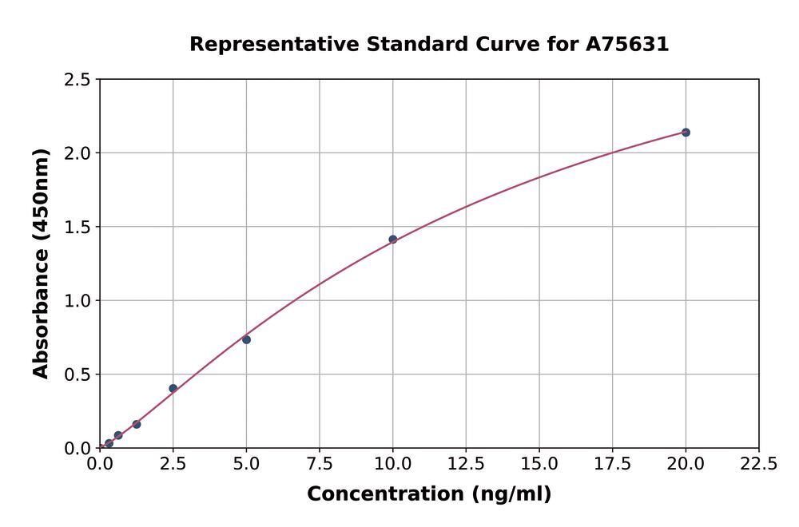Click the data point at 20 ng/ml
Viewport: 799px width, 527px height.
(x=686, y=133)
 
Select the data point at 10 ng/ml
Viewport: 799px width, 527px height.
(x=393, y=240)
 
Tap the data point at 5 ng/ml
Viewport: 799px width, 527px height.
(x=246, y=340)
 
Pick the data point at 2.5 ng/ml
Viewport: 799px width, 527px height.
(x=173, y=389)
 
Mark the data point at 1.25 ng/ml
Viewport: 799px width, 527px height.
(x=137, y=425)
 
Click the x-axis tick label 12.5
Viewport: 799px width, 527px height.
(x=466, y=464)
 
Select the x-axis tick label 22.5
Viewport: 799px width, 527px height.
(x=758, y=464)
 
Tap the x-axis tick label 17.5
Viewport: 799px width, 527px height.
(x=612, y=464)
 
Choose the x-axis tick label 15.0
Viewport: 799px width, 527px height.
(x=539, y=464)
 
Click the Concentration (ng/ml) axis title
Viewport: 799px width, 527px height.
(x=429, y=494)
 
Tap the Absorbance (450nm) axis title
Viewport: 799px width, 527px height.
(x=41, y=263)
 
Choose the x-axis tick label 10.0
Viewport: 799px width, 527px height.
(x=393, y=464)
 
